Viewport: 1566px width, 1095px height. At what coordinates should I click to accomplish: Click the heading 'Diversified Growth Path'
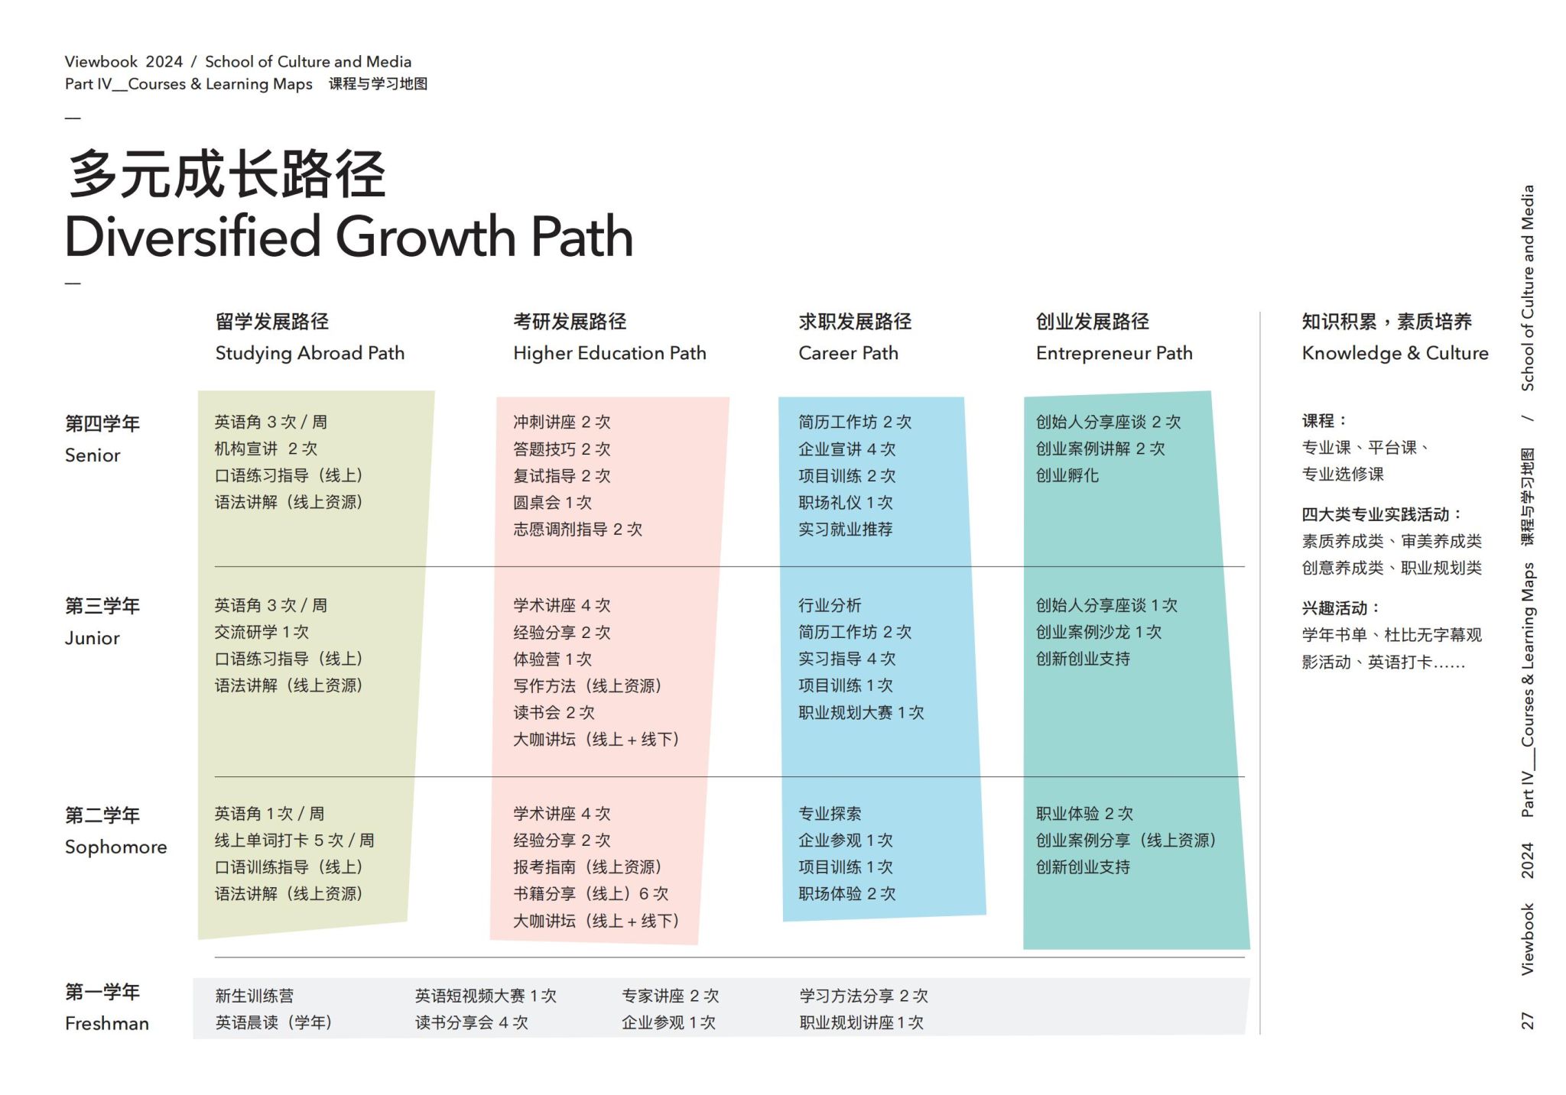[349, 236]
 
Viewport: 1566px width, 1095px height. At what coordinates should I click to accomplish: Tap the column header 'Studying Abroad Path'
[310, 353]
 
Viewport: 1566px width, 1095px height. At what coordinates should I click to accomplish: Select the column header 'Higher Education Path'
[609, 353]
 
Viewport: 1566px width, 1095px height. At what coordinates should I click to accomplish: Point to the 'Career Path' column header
[848, 353]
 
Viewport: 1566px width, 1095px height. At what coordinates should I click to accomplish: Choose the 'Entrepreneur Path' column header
[1114, 353]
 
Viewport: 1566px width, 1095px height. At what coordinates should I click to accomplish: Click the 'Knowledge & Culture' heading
[1395, 353]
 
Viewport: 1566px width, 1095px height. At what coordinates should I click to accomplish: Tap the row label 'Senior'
[93, 455]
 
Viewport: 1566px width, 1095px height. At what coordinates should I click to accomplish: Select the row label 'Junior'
[93, 638]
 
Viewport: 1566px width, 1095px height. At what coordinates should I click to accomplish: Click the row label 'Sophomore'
[115, 847]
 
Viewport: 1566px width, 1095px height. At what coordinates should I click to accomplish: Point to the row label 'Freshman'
[107, 1023]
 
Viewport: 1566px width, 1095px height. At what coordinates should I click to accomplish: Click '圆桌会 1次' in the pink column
[552, 502]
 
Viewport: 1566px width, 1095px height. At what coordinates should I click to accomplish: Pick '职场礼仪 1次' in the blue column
[845, 502]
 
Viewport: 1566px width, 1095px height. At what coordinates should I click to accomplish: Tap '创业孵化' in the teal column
[1067, 475]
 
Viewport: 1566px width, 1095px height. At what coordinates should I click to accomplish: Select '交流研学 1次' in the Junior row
[262, 632]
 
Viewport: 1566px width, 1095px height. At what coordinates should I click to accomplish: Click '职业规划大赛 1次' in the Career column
[861, 712]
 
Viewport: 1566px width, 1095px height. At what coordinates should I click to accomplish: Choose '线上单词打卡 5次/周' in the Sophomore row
[294, 840]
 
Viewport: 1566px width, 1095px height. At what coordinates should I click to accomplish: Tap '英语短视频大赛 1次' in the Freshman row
[486, 996]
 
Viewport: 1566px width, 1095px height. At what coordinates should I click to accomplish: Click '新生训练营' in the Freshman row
[254, 996]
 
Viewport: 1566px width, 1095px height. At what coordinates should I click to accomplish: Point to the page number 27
[1527, 1020]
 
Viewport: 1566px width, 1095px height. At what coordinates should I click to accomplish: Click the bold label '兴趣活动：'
[1340, 608]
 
